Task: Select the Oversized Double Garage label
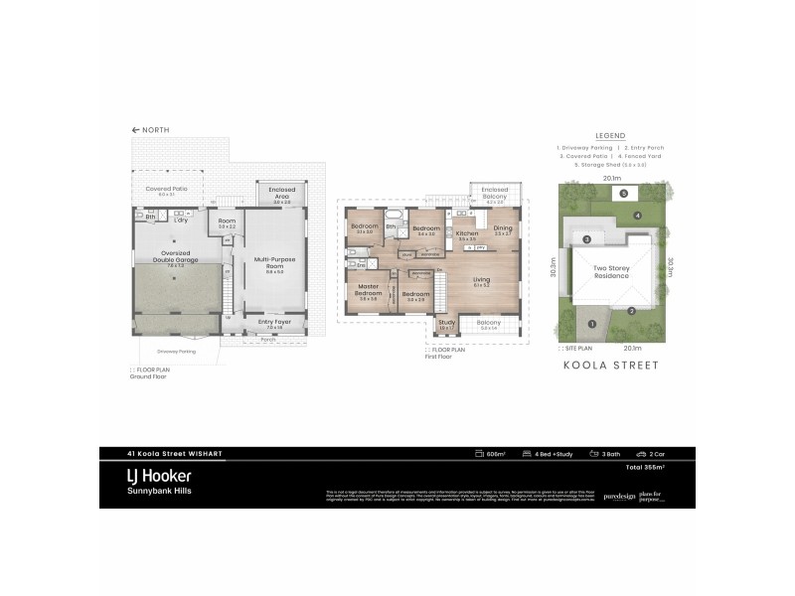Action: (176, 258)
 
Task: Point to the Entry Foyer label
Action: (274, 322)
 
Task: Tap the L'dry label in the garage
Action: (182, 220)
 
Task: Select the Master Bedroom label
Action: (368, 291)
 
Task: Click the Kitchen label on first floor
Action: (467, 232)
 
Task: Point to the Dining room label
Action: (502, 228)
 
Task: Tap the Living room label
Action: (481, 280)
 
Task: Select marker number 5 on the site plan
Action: (623, 194)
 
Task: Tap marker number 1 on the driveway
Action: (592, 323)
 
